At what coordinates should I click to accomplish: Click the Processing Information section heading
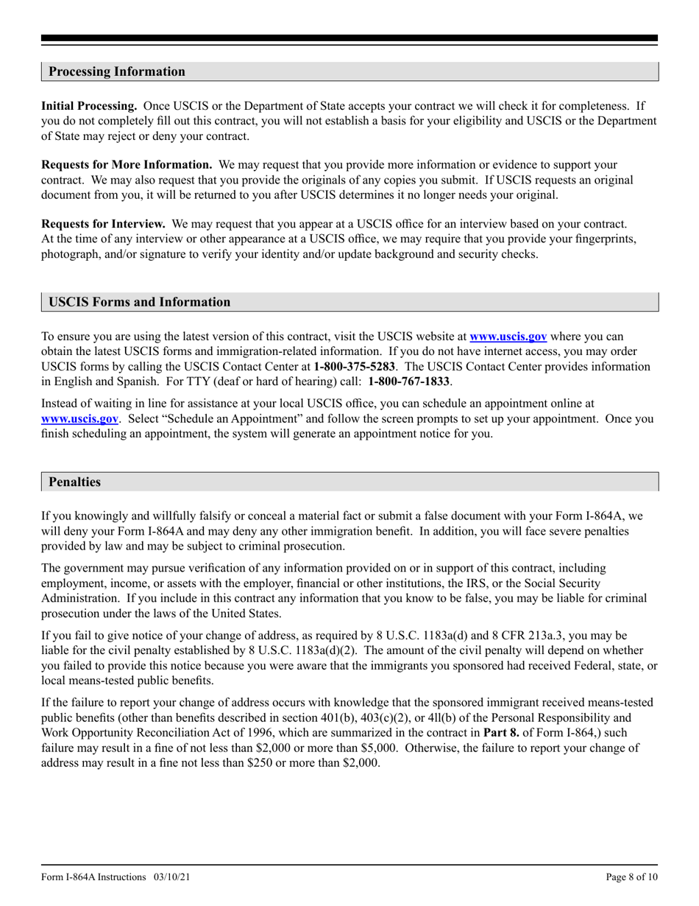pyautogui.click(x=117, y=71)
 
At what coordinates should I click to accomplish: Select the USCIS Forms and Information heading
pyautogui.click(x=139, y=302)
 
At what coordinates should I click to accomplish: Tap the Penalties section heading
pyautogui.click(x=74, y=482)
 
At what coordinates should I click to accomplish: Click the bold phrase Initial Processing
pyautogui.click(x=89, y=107)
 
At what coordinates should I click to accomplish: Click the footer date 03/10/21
pyautogui.click(x=174, y=878)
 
